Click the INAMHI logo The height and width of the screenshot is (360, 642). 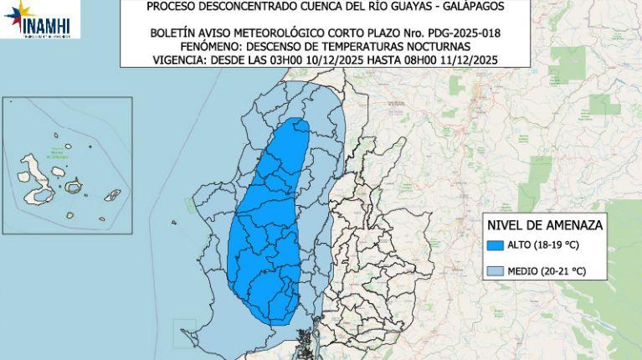pos(41,19)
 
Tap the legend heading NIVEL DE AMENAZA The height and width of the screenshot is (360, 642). pos(545,225)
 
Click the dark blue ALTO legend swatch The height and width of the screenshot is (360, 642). pos(496,245)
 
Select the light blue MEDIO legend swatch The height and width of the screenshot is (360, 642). pos(496,271)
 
